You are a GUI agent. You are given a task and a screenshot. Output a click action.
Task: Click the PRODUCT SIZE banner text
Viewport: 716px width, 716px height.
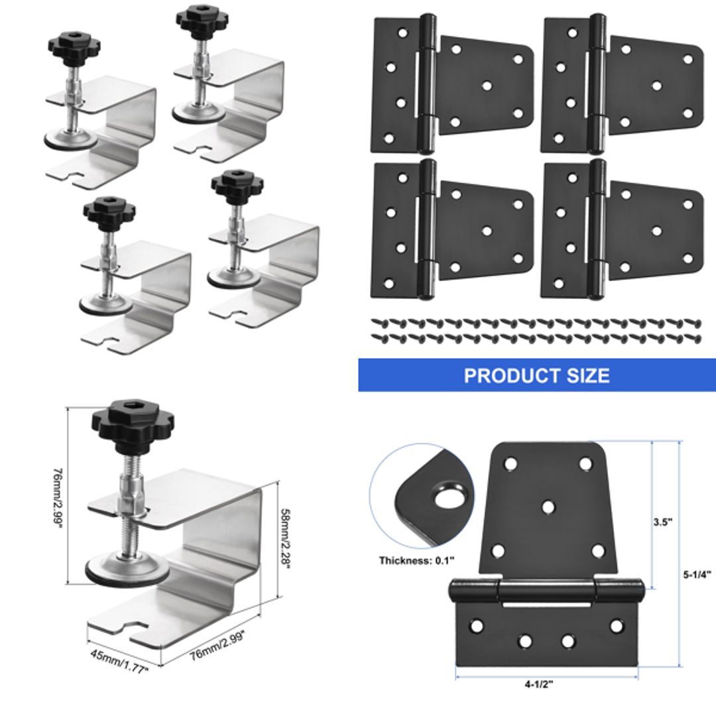coord(536,375)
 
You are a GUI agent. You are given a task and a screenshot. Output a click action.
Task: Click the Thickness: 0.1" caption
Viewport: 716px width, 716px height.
coord(416,560)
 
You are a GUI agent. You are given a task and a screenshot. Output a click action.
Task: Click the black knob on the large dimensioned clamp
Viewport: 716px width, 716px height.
coord(132,422)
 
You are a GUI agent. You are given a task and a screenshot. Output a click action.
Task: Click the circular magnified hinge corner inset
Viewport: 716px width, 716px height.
coord(422,496)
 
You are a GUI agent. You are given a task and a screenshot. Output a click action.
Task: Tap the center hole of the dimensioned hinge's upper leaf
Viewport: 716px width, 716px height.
coord(548,507)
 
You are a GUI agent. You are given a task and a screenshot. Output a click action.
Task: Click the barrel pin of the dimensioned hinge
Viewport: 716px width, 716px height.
coord(546,589)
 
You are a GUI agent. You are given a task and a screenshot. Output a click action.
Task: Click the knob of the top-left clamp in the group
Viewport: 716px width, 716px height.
coord(72,47)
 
